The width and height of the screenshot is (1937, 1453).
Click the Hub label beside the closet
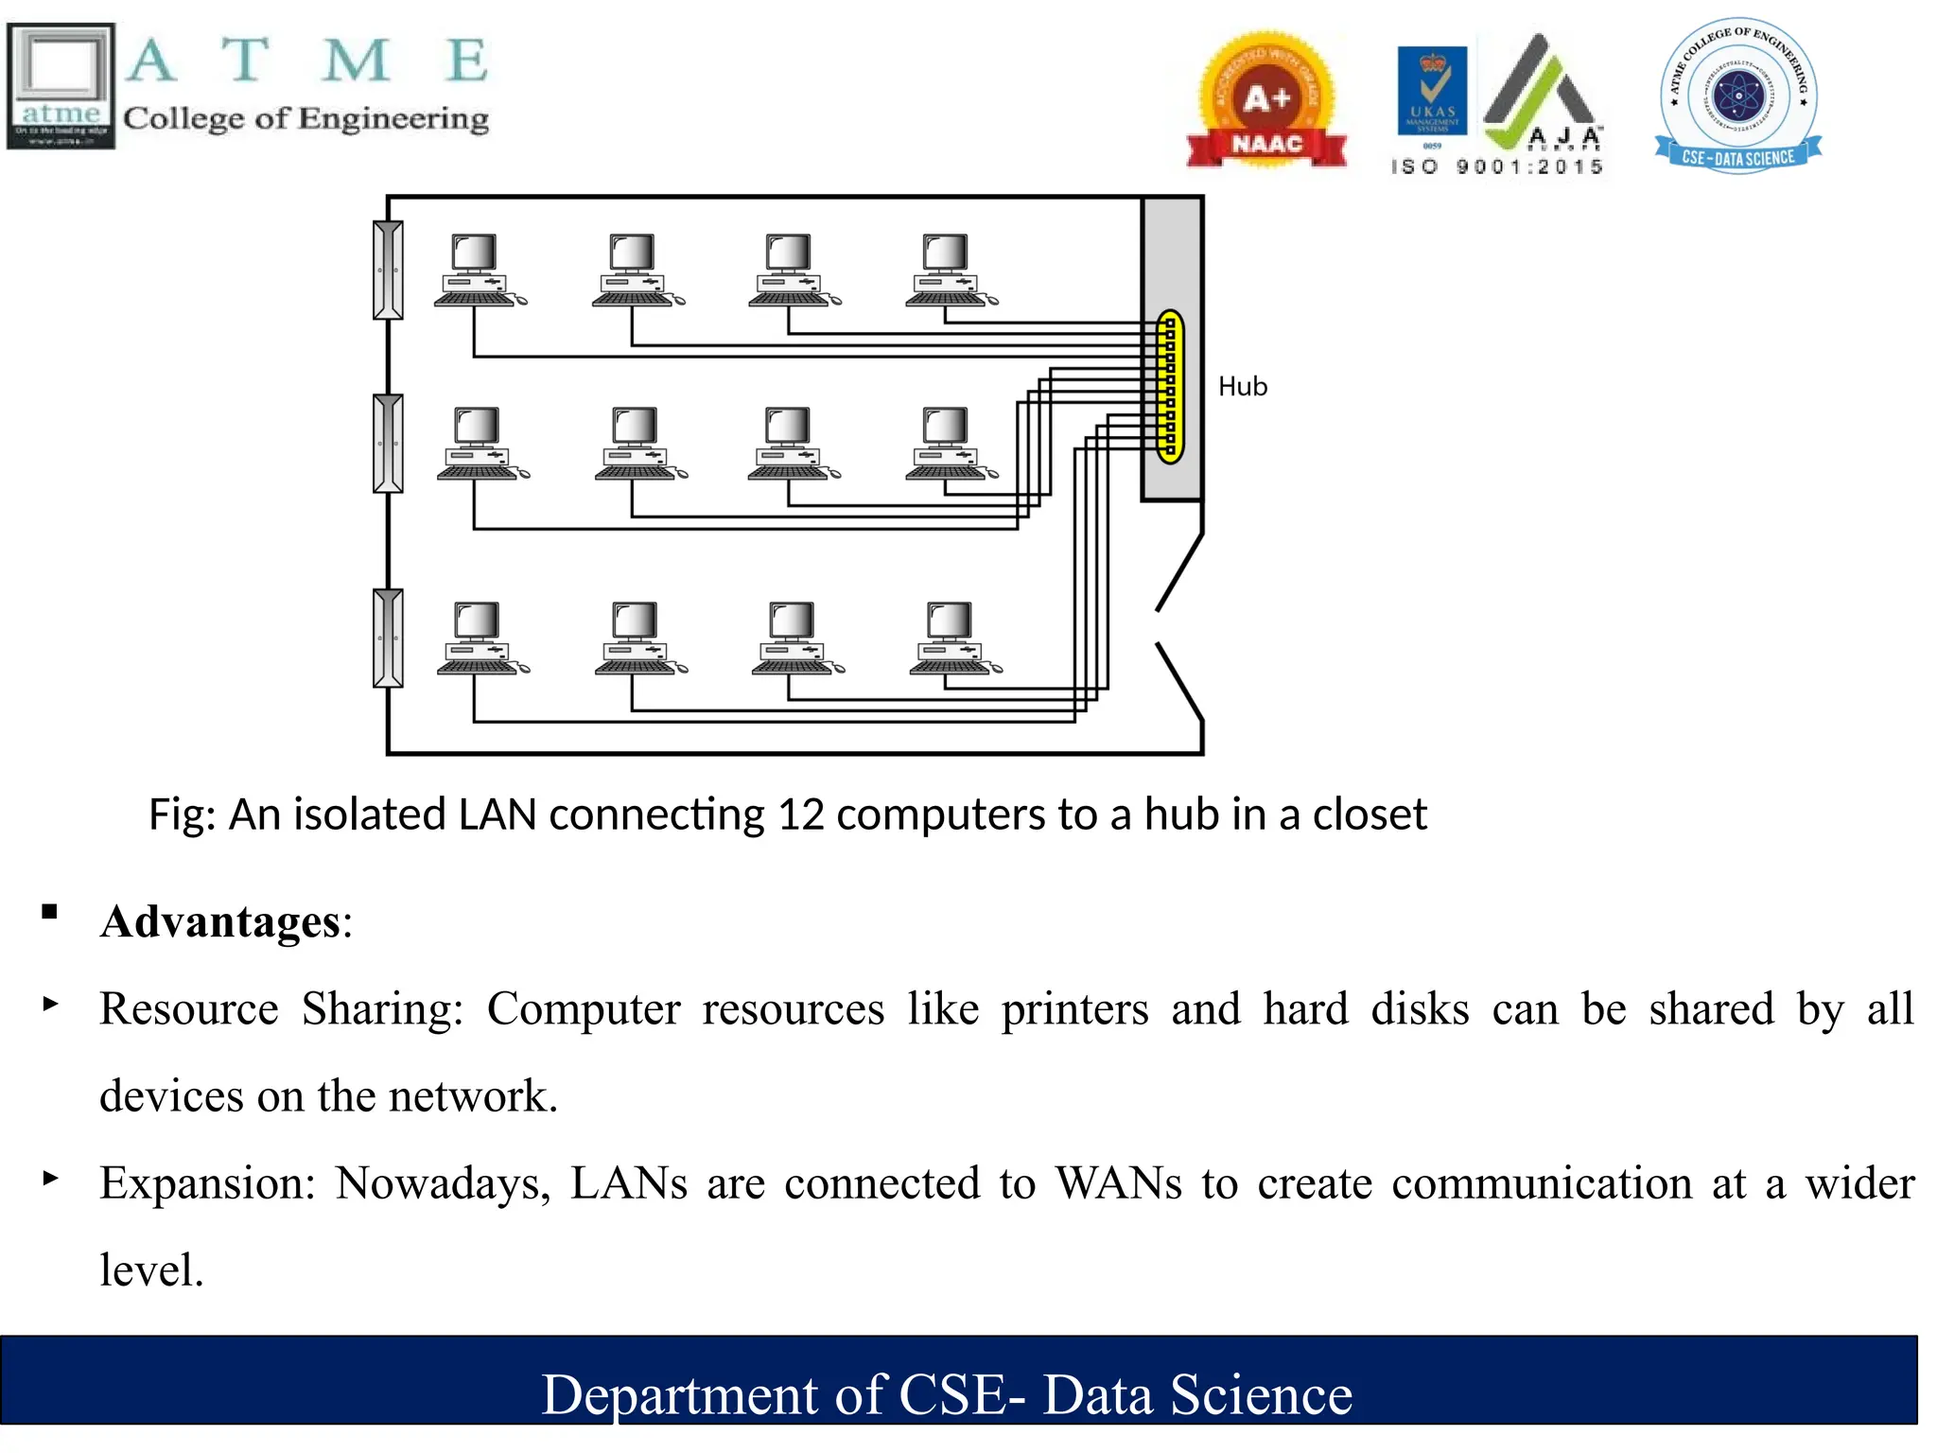[1242, 387]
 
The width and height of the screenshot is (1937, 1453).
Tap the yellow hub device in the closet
[1170, 386]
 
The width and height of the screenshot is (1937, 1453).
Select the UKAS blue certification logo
[1432, 92]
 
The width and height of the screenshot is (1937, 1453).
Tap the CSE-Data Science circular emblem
[1738, 96]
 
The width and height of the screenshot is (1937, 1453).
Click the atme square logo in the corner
[61, 86]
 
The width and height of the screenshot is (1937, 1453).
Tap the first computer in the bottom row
[480, 639]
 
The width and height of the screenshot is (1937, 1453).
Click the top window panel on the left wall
[388, 270]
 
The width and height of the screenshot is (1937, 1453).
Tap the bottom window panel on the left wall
[388, 639]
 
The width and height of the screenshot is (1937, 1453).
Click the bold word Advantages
[220, 921]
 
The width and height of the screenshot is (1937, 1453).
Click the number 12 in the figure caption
[801, 814]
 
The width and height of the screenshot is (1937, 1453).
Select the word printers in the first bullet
[1074, 1008]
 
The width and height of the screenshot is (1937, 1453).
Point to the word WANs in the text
[1118, 1183]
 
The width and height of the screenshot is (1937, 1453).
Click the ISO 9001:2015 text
[1496, 166]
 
